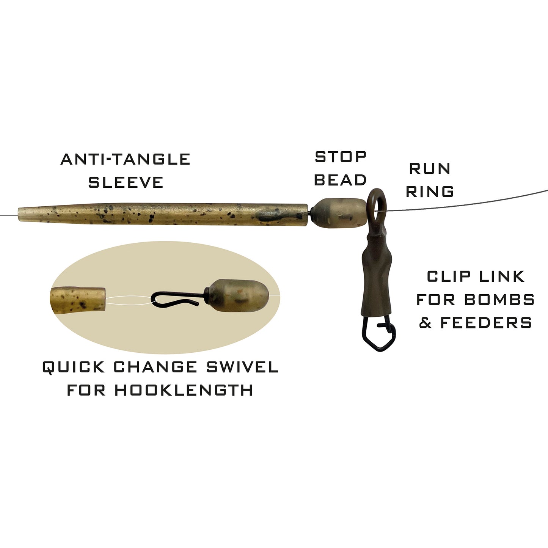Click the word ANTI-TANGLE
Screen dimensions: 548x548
coord(125,159)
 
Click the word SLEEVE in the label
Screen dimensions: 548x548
coord(126,182)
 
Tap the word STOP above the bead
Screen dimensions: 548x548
coord(341,157)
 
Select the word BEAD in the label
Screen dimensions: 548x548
coord(340,180)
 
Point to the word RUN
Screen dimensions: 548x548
coord(430,168)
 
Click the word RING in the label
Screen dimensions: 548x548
coord(430,192)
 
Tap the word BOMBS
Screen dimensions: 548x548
coord(499,300)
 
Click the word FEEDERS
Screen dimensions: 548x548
coord(486,323)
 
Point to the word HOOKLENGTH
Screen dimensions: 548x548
coord(184,390)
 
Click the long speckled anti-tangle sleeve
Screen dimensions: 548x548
coord(163,214)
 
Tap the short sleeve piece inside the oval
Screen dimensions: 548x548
coord(77,299)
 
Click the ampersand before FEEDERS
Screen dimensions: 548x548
coord(426,323)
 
